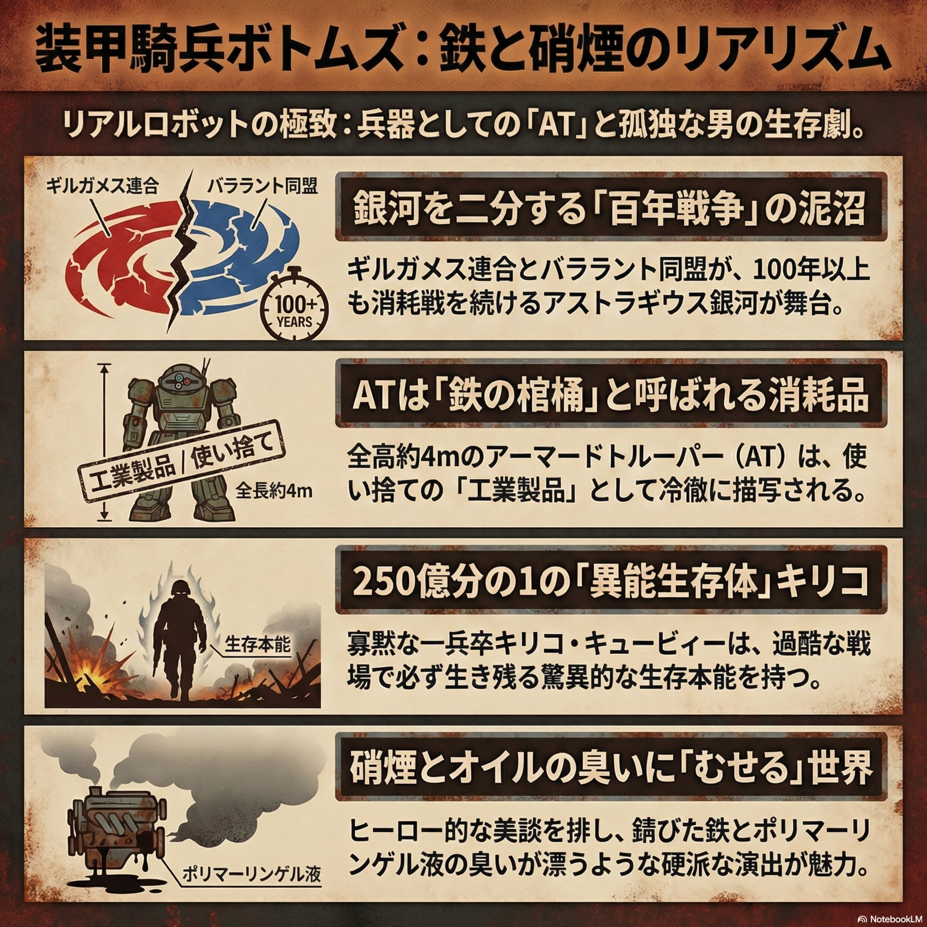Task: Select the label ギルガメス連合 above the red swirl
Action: pyautogui.click(x=102, y=186)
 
